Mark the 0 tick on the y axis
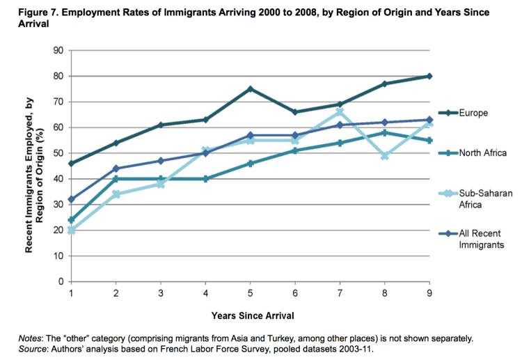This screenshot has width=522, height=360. coord(61,281)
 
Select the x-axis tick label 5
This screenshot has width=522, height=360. coord(249,293)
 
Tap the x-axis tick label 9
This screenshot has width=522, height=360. coord(429,293)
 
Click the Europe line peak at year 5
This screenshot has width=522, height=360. coord(249,88)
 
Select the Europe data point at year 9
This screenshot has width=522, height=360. coord(429,76)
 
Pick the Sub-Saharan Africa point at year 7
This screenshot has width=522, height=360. coord(340,111)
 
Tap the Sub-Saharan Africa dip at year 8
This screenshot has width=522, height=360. coord(385,156)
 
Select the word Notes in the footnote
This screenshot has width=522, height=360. coord(31,338)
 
